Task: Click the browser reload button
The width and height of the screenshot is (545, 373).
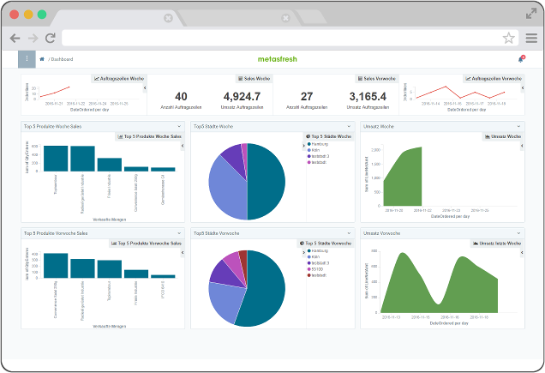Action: pyautogui.click(x=51, y=38)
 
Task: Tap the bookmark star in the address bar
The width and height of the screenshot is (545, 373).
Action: pyautogui.click(x=508, y=38)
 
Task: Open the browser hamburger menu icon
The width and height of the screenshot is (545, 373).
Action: pyautogui.click(x=530, y=38)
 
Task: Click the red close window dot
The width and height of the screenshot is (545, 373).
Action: pyautogui.click(x=14, y=15)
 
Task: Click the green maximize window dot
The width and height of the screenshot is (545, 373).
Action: pyautogui.click(x=40, y=15)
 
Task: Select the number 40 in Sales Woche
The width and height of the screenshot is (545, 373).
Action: pyautogui.click(x=181, y=97)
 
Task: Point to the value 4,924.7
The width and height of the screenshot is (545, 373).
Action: pyautogui.click(x=241, y=97)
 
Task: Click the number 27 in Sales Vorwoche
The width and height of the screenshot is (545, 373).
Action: pyautogui.click(x=306, y=97)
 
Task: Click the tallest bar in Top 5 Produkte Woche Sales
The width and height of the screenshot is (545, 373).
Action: pyautogui.click(x=57, y=158)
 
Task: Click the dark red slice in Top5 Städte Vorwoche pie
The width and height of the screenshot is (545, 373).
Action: pyautogui.click(x=243, y=256)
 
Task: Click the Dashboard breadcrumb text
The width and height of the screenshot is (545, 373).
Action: pyautogui.click(x=63, y=59)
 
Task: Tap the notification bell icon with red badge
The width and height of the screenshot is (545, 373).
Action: pyautogui.click(x=520, y=59)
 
